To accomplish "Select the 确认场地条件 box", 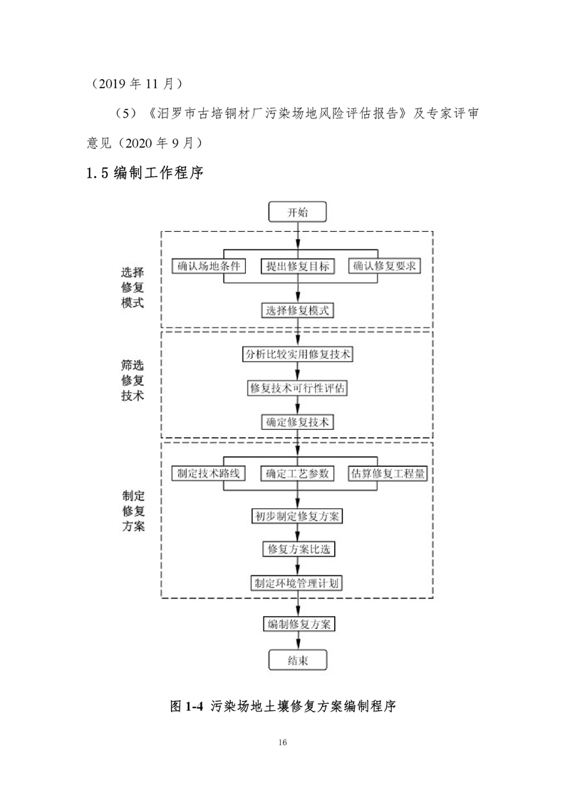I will coord(209,266).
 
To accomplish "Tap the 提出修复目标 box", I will coord(298,266).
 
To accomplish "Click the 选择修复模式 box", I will coord(298,310).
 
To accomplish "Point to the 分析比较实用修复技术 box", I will coord(298,354).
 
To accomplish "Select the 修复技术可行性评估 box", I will coord(298,388).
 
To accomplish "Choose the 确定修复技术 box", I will coord(298,421).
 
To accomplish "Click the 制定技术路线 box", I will coord(209,473).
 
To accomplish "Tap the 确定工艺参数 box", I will coord(298,473).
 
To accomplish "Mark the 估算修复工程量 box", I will coord(388,473).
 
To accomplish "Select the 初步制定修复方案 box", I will coord(298,516).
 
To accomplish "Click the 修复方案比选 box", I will coord(298,549).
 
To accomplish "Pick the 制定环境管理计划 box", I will coord(298,583).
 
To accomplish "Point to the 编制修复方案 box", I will coord(298,624).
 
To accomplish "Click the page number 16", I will coord(283,743).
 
